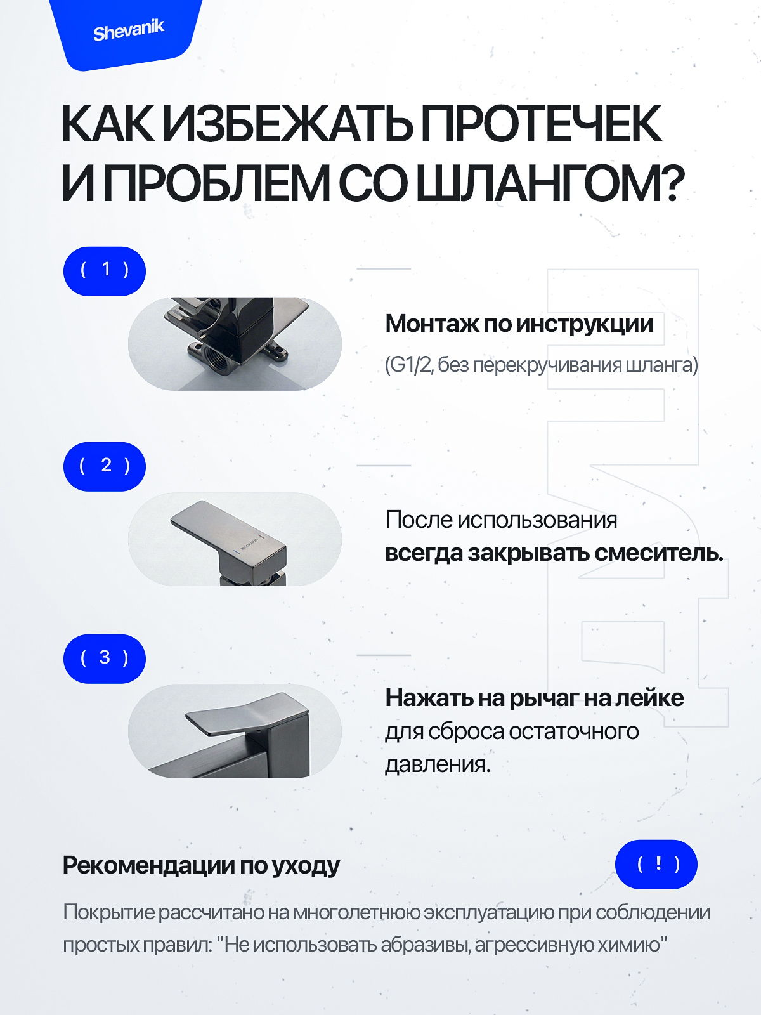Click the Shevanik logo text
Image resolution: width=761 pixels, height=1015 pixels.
(129, 30)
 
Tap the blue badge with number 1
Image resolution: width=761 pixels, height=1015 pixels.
(105, 271)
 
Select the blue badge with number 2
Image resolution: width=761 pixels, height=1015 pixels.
(105, 466)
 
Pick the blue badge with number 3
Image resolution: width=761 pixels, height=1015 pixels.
(105, 658)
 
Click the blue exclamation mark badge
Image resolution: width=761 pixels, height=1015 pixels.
(656, 864)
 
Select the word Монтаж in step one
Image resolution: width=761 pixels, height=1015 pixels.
(432, 324)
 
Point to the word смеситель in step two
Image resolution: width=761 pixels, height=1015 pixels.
(658, 553)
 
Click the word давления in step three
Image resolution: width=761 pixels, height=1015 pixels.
(438, 764)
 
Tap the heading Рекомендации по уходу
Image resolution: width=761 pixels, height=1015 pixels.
(201, 865)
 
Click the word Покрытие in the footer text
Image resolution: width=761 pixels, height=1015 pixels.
(110, 912)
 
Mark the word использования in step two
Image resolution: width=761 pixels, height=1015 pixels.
(537, 520)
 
